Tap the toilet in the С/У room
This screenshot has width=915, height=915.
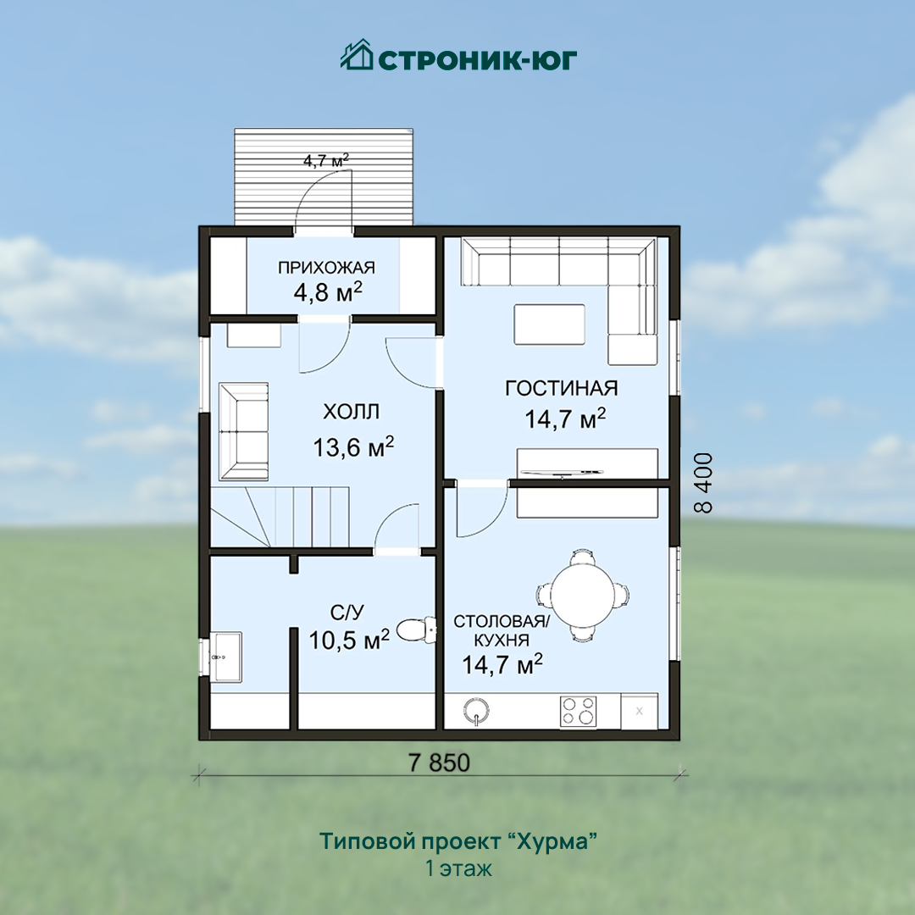(x=416, y=629)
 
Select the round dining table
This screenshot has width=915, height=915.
(x=582, y=596)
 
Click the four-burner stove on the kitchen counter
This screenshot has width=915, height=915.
(x=579, y=712)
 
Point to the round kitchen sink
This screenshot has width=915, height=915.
(x=476, y=711)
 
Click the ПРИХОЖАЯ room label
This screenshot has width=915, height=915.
(x=326, y=268)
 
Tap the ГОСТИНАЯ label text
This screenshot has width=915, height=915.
(x=562, y=388)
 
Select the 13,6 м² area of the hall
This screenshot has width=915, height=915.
(x=353, y=446)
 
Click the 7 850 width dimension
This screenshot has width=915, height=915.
(x=440, y=762)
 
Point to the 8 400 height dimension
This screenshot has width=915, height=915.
(x=704, y=483)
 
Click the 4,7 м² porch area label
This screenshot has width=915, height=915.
(x=326, y=160)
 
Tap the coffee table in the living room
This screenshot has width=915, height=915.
(x=549, y=324)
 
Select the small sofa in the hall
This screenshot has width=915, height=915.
(x=244, y=431)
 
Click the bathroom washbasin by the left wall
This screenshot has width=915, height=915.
(x=225, y=657)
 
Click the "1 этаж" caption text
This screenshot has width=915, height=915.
(x=458, y=869)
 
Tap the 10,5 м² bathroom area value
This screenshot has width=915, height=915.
(x=349, y=640)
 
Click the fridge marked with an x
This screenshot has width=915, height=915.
(x=640, y=711)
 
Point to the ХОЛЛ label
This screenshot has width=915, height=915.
(x=352, y=412)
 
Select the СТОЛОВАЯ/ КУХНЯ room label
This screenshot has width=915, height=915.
(x=502, y=630)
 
